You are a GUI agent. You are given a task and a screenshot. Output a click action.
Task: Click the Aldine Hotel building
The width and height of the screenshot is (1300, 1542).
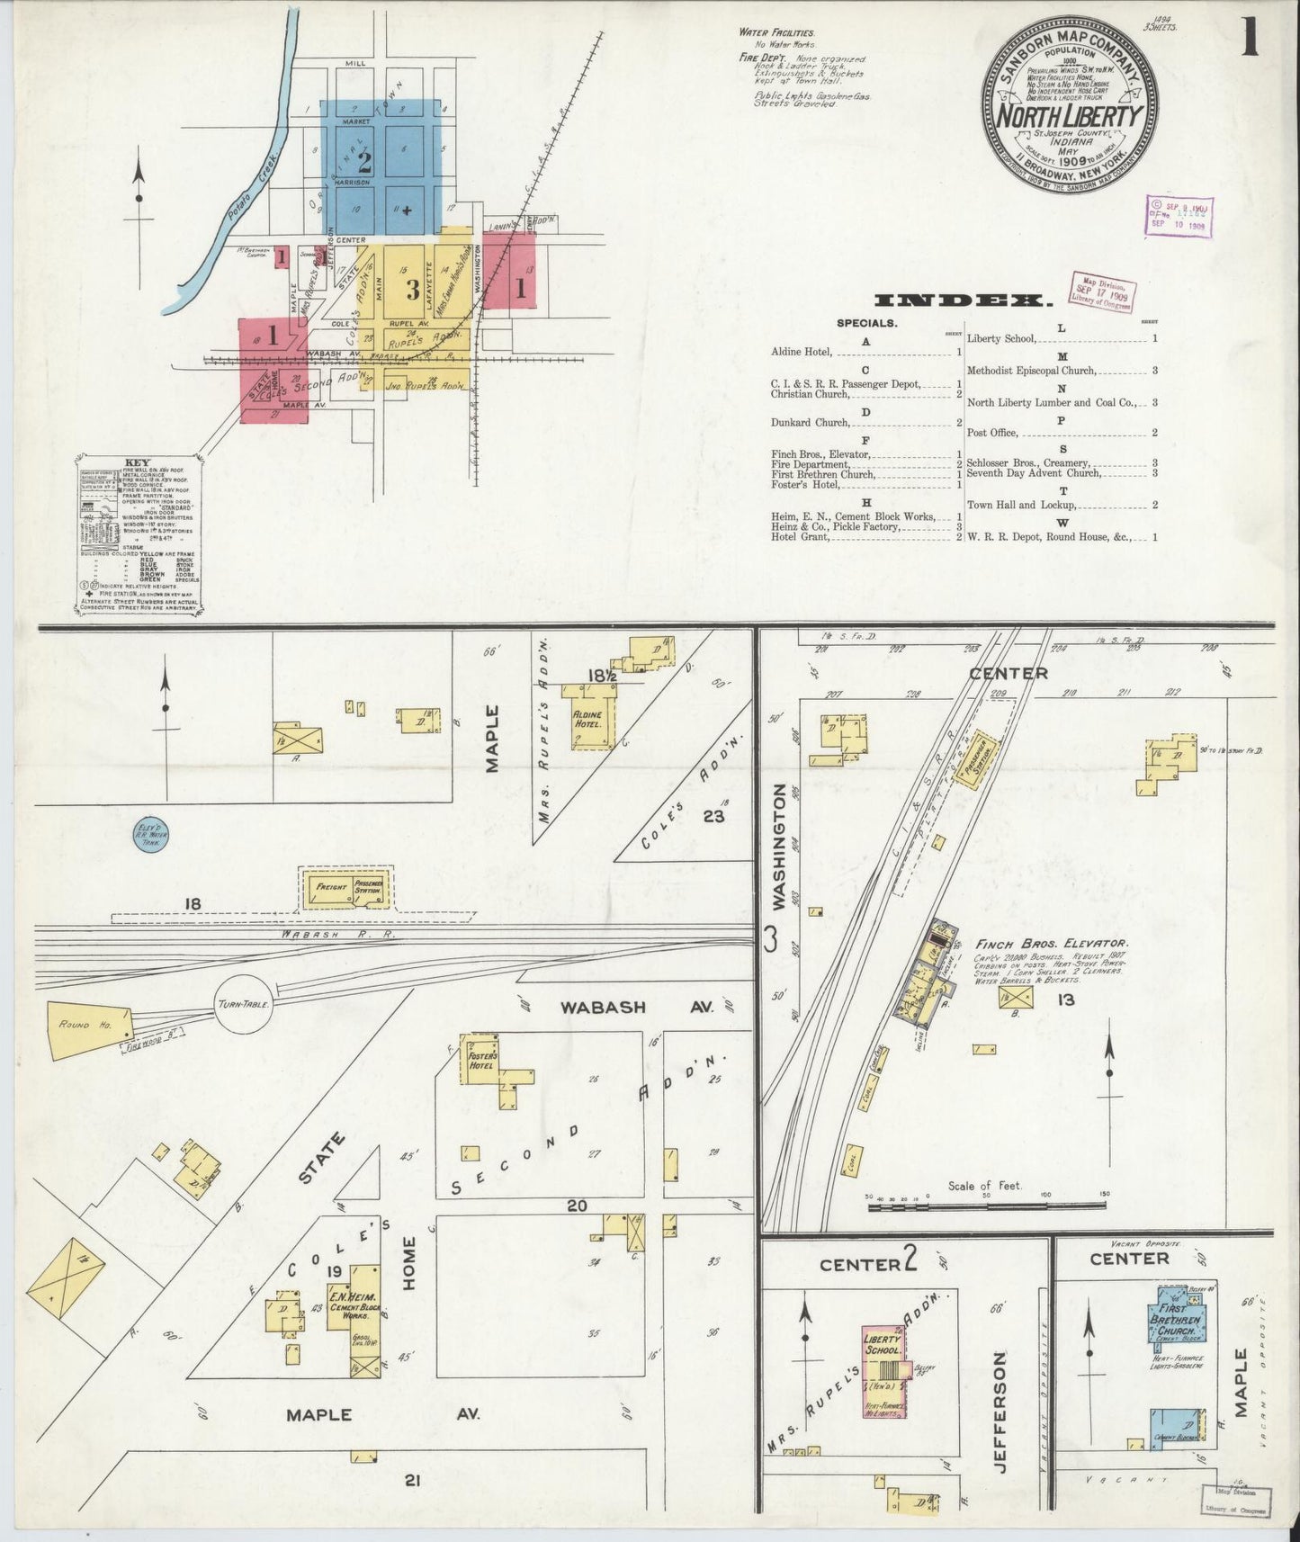589,717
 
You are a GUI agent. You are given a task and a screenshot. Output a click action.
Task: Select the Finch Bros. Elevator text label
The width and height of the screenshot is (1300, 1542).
1052,944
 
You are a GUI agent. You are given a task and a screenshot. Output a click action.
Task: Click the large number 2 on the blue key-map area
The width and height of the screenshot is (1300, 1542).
364,163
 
